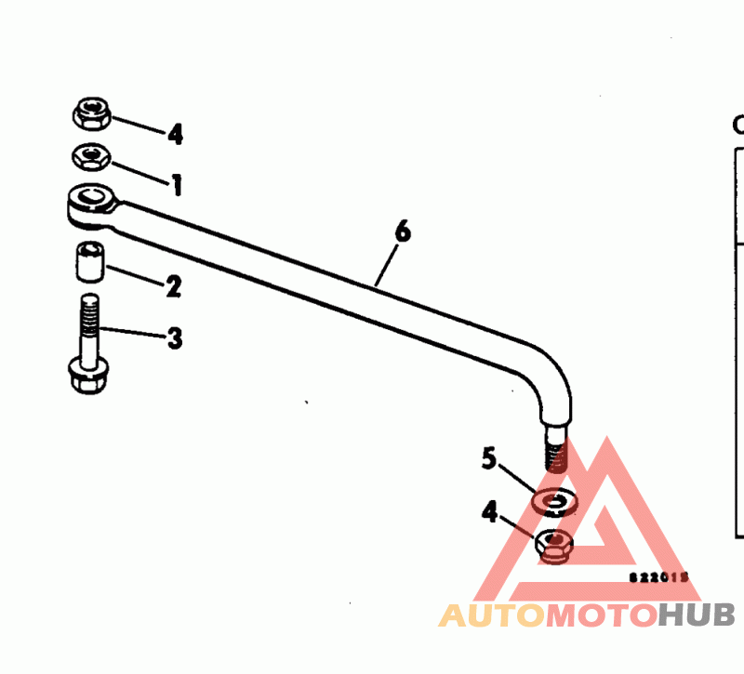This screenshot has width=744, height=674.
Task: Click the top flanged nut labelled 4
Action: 92,114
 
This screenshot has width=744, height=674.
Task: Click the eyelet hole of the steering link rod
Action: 92,196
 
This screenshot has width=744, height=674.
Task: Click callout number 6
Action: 402,231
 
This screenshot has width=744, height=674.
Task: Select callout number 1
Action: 175,185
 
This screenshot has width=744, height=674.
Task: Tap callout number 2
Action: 172,286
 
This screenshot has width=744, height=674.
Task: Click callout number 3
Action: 174,337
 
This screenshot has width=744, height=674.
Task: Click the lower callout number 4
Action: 490,510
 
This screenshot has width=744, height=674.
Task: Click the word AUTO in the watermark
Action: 490,615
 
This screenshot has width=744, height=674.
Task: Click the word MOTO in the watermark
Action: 600,615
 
